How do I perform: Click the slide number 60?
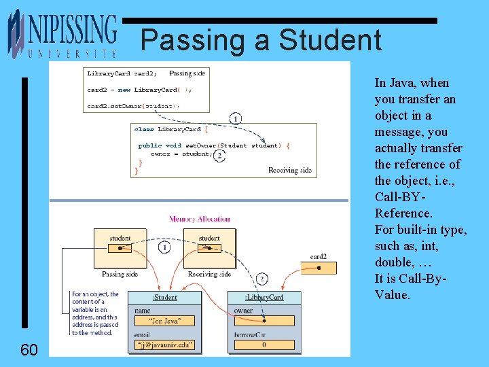click(29, 350)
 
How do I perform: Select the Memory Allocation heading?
click(200, 219)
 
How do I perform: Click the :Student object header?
click(165, 298)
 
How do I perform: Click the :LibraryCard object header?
click(264, 298)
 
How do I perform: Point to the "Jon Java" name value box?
click(165, 321)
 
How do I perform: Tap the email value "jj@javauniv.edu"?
click(165, 345)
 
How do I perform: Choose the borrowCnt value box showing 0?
click(264, 345)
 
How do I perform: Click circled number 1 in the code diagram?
click(235, 119)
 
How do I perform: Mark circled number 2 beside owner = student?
click(220, 155)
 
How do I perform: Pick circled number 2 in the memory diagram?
click(263, 279)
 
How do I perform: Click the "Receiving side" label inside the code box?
click(290, 170)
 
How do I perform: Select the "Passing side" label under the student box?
click(120, 275)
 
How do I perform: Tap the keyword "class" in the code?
click(144, 129)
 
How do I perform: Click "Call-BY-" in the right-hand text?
click(400, 197)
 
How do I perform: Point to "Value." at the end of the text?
click(393, 295)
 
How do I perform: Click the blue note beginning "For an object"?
click(95, 313)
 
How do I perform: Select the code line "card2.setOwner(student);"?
click(133, 105)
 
